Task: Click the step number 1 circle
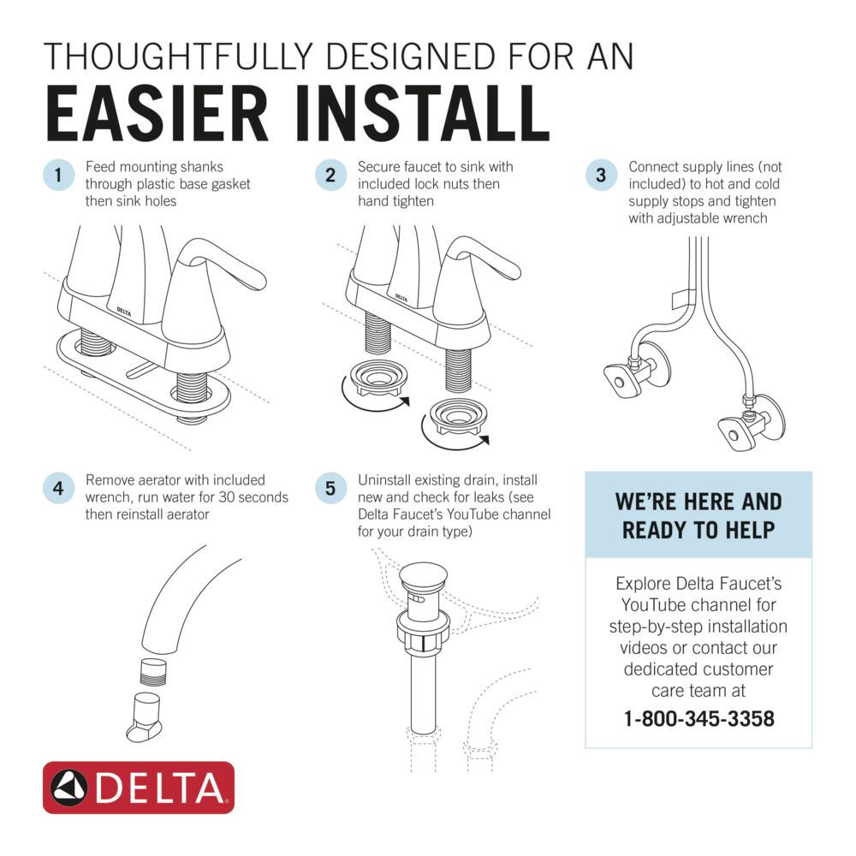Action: click(x=57, y=176)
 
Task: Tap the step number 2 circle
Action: click(x=330, y=176)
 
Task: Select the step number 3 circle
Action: click(x=601, y=176)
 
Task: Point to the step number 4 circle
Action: click(x=57, y=489)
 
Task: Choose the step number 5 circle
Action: click(x=330, y=489)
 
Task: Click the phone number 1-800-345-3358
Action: click(x=698, y=718)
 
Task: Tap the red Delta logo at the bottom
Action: click(x=139, y=788)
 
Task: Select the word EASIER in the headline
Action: click(x=147, y=114)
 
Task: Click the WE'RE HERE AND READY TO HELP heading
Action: click(x=698, y=515)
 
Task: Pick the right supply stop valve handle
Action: click(x=732, y=432)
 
